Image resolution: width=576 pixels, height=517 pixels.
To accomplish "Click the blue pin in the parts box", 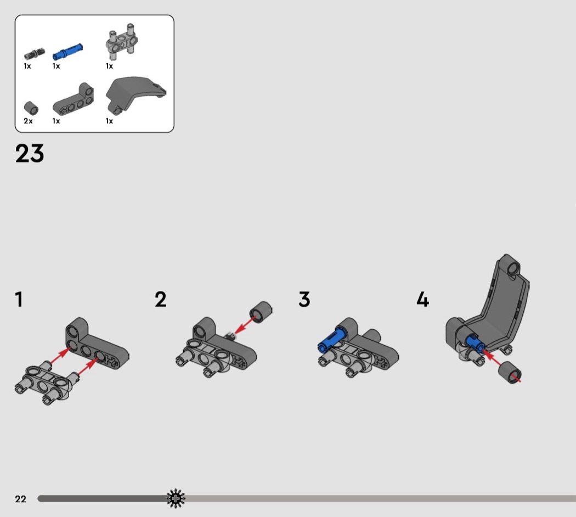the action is coord(67,51).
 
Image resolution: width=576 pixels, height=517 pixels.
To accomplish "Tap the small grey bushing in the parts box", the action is coord(31,108).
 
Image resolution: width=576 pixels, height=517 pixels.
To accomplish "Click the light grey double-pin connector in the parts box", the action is coord(122,42).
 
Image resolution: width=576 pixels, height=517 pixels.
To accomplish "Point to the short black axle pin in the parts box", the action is coord(35,54).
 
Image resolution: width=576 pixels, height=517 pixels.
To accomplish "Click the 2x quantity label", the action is coord(28,121).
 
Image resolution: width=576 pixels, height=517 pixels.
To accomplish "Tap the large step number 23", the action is coord(30,153).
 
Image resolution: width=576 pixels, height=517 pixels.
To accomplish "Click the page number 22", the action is coord(21,499).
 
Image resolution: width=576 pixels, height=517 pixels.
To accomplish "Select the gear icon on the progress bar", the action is coord(176,498).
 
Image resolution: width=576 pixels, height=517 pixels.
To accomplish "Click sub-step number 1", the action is coord(19,299).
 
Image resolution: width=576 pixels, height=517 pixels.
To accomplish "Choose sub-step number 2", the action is coord(161,299).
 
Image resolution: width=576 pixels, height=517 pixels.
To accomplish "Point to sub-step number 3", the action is coord(304,299).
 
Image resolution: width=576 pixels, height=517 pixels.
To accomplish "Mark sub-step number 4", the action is coord(423,299).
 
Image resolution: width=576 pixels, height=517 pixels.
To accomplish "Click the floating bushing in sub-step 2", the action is coord(261,312).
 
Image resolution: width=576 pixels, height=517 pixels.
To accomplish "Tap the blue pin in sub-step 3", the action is coord(332,340).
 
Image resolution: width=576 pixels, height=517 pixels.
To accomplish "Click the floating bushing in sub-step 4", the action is coord(510,372).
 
